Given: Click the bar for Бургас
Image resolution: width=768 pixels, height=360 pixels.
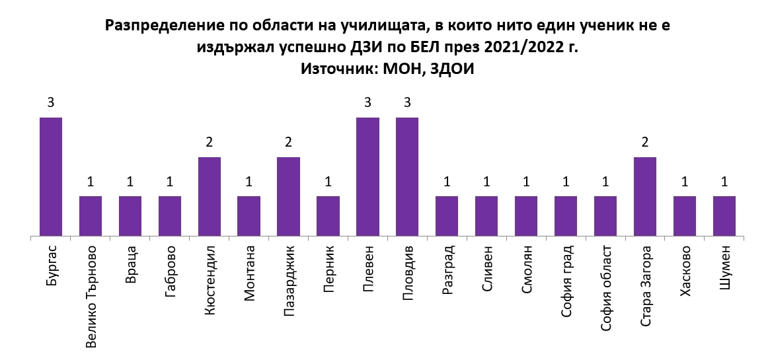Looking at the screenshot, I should point(51,176).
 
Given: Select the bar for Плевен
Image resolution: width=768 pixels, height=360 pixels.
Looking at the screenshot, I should point(367,176).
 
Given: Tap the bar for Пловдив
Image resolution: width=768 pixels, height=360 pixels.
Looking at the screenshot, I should point(407,176).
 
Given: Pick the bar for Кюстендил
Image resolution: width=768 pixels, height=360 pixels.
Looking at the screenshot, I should point(210,196).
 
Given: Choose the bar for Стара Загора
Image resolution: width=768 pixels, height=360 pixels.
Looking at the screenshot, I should point(645,196).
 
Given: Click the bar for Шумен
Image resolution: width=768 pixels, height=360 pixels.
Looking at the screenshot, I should point(724,215).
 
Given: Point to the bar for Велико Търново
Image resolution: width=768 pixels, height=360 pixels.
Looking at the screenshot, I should point(91,215).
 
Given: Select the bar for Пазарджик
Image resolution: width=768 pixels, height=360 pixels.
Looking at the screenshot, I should point(288,196).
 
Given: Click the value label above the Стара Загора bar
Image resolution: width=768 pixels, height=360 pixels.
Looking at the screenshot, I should point(645,142).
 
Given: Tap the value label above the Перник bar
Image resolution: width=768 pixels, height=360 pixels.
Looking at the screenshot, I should point(328,182).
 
